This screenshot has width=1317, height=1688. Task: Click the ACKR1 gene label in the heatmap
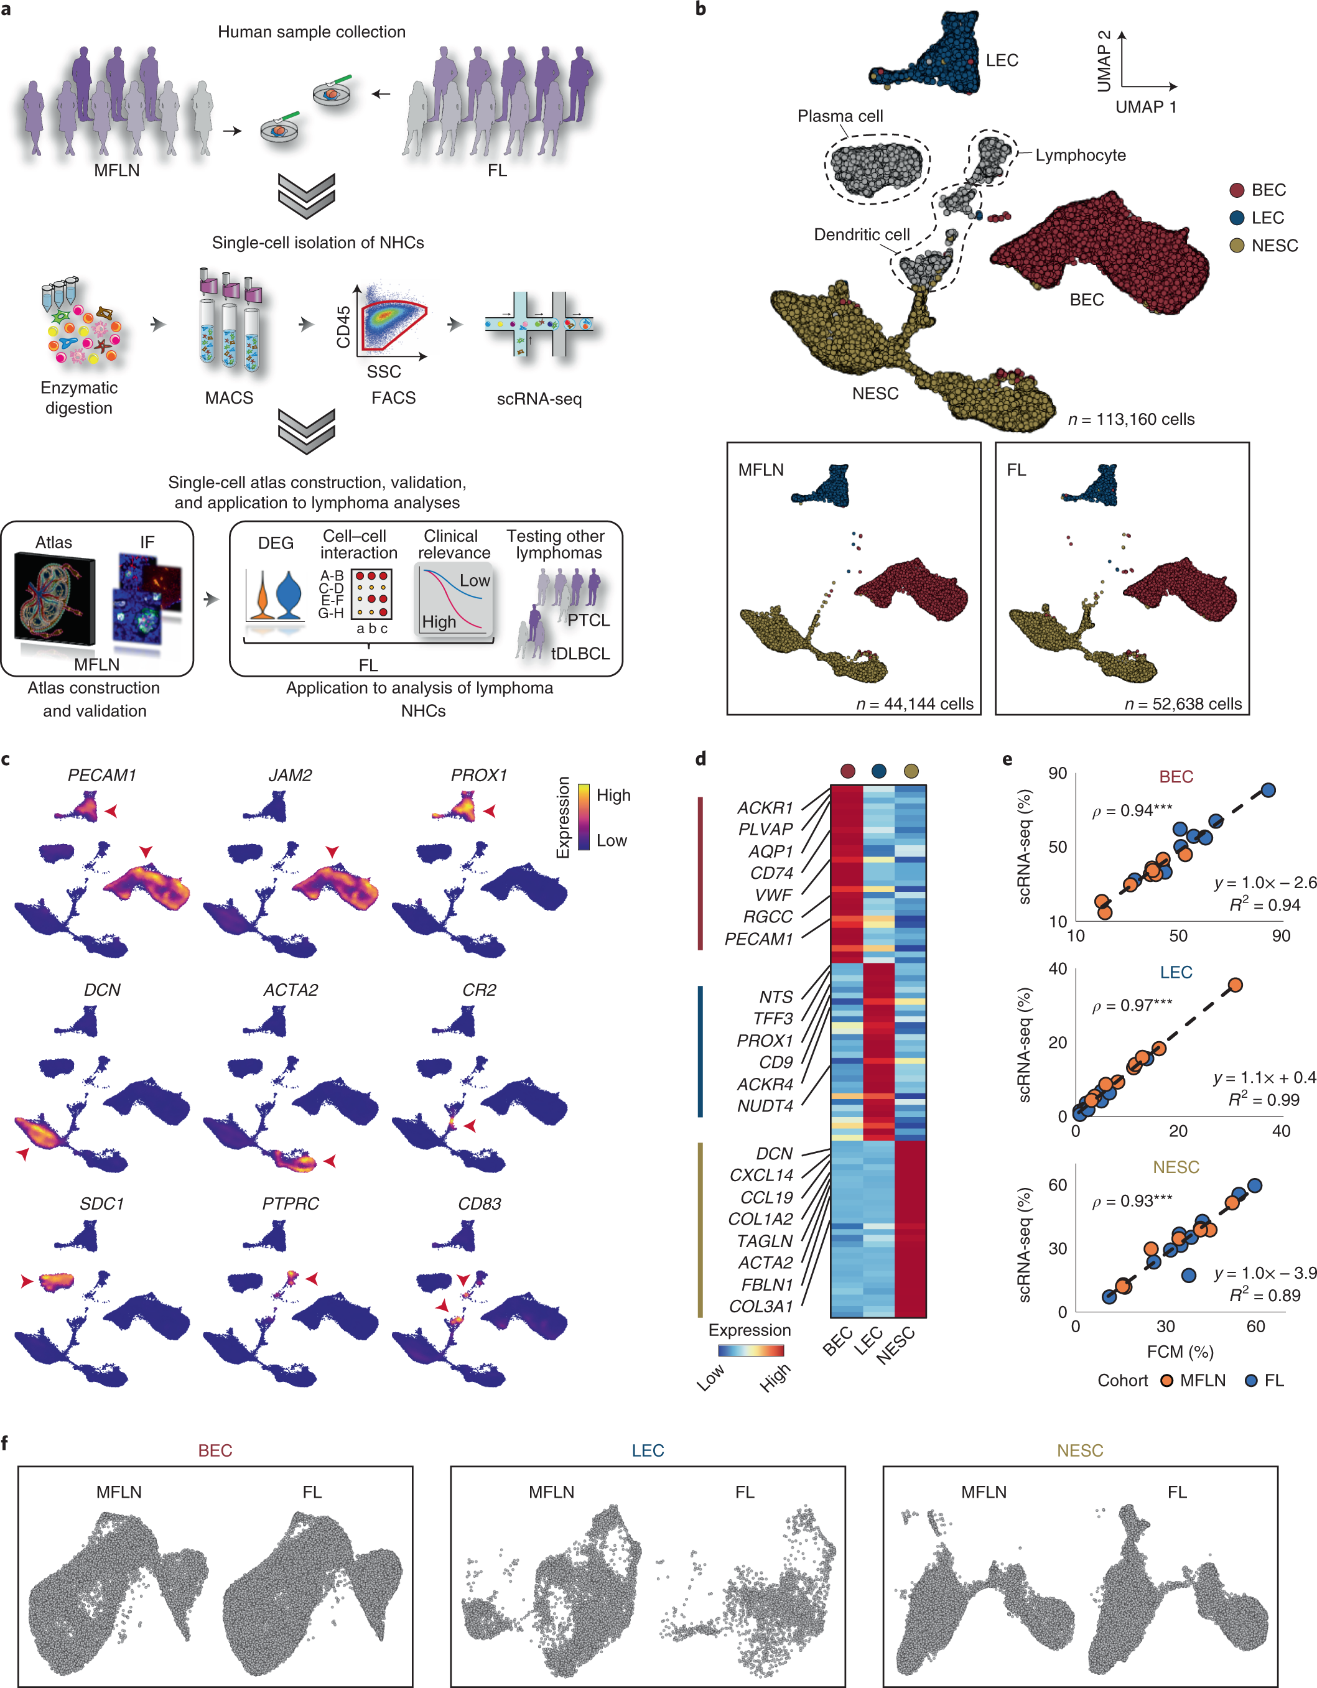pos(765,808)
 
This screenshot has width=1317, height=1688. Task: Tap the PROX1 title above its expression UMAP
pos(478,775)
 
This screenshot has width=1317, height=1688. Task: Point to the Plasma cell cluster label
pos(839,116)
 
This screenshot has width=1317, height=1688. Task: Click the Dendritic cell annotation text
pos(861,234)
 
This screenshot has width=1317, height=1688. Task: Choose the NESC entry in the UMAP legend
pos(1273,246)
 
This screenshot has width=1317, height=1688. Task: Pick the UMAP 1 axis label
pos(1145,106)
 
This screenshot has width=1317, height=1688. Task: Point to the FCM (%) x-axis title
pos(1180,1351)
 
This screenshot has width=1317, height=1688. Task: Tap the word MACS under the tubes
pos(229,398)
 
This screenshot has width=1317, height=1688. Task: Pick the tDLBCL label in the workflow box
pos(580,653)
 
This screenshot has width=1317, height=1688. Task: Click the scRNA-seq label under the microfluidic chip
pos(539,399)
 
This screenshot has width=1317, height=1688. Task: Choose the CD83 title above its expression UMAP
pos(479,1203)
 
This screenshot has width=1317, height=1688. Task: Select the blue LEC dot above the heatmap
pos(879,771)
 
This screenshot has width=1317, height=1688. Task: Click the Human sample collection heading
pos(312,32)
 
